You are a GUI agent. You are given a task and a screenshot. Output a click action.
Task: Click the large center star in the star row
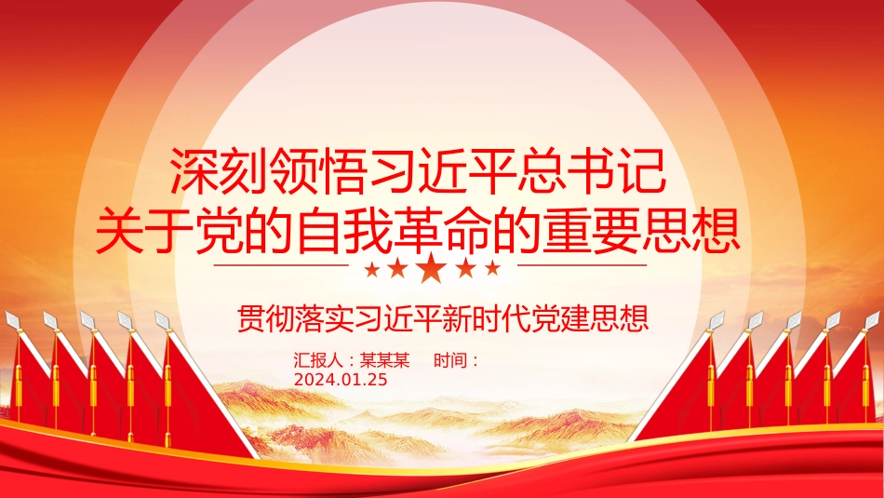[431, 268]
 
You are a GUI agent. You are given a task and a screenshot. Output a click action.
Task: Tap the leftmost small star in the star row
[372, 270]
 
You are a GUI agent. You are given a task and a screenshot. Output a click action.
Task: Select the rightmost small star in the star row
[493, 268]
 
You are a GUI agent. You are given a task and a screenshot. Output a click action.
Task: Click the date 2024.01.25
[341, 380]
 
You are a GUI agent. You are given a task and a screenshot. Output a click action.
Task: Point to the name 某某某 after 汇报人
[385, 360]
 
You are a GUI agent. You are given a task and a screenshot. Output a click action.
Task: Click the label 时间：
[457, 360]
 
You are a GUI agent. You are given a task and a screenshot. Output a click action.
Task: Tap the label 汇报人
[318, 360]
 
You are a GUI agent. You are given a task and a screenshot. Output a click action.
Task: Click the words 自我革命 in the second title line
[395, 230]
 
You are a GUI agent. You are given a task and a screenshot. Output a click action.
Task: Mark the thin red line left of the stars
[281, 264]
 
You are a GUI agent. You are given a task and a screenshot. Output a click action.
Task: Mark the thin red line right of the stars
[582, 264]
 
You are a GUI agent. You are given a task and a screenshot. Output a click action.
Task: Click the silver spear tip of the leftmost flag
[12, 320]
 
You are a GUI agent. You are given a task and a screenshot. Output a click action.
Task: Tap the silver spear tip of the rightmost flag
[872, 320]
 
